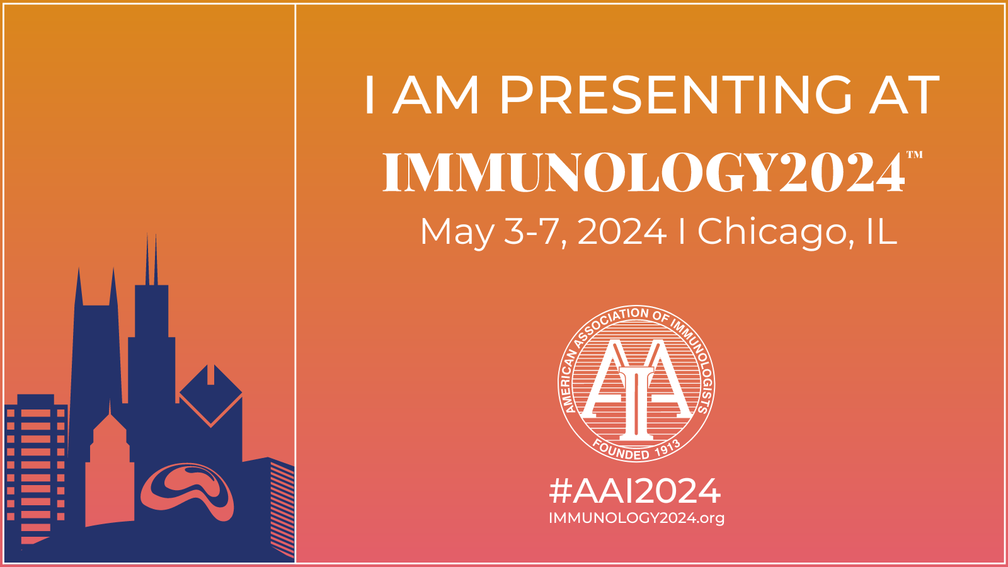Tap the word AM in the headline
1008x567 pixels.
point(435,95)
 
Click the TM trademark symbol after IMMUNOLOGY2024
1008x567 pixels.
point(914,155)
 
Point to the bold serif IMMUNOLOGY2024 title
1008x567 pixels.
point(644,173)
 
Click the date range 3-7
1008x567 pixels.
point(534,232)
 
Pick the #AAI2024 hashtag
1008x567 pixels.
point(635,491)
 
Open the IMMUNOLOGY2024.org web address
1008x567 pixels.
point(636,518)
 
